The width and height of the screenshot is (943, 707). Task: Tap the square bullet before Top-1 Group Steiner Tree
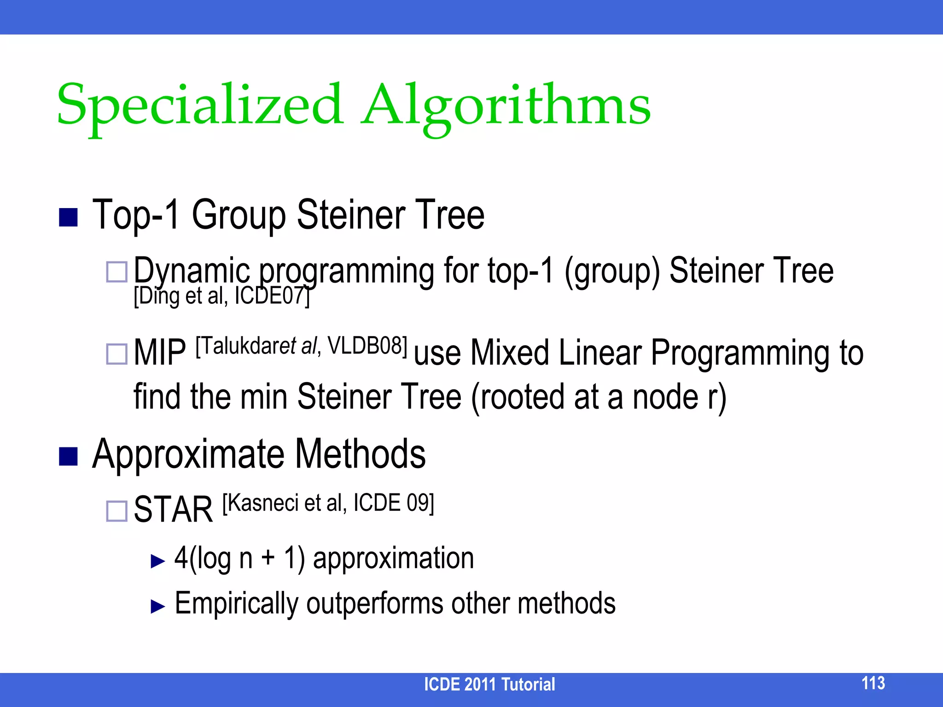tap(68, 217)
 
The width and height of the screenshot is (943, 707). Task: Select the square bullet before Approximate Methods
tap(68, 456)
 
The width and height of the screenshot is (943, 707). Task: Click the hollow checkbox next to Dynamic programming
tap(116, 272)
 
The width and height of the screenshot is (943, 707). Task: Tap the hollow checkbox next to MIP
tap(116, 354)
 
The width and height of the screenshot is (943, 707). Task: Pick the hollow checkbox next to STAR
tap(116, 511)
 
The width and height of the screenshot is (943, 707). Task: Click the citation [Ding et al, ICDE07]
tap(221, 296)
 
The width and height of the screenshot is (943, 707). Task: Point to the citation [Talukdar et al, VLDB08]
tap(302, 346)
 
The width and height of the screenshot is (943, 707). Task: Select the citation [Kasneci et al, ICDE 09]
tap(328, 503)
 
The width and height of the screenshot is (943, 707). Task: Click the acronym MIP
tap(160, 353)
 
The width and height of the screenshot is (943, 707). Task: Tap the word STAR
tap(173, 510)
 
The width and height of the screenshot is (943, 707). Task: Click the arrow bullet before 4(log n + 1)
tap(157, 561)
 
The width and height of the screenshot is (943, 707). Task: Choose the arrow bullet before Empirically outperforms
tap(157, 606)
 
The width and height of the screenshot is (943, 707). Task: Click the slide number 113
tap(873, 683)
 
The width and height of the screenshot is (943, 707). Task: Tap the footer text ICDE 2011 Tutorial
tap(489, 684)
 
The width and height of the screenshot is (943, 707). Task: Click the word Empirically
tap(236, 603)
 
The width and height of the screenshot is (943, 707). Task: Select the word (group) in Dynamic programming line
tap(612, 271)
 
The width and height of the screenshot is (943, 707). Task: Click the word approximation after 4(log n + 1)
tap(393, 558)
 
